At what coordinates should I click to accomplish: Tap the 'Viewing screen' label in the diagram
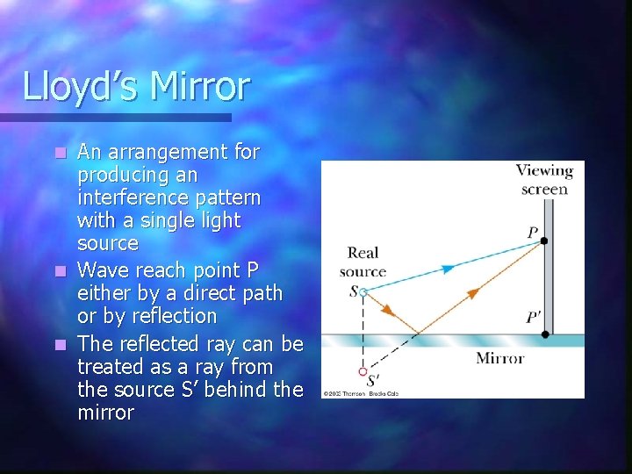click(544, 180)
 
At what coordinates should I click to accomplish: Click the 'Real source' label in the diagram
click(362, 262)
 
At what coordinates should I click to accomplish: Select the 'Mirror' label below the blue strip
click(499, 357)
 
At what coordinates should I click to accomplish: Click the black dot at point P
click(545, 241)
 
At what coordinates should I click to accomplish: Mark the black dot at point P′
click(545, 334)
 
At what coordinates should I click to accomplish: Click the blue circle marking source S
click(363, 291)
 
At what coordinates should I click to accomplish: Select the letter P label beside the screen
click(532, 233)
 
